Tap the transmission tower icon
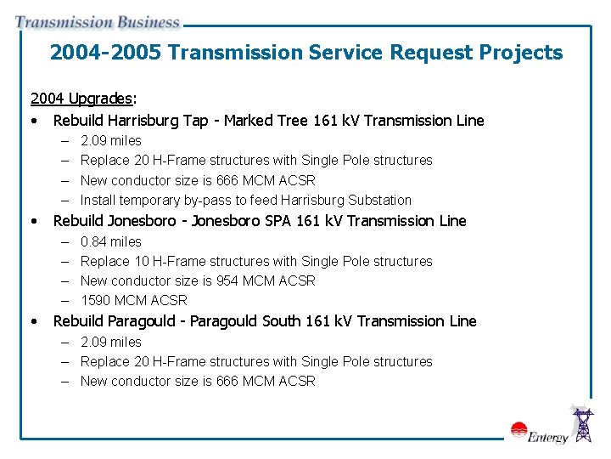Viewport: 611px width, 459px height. click(583, 424)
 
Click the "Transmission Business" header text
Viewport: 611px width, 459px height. click(97, 23)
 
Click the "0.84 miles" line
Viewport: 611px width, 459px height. click(111, 241)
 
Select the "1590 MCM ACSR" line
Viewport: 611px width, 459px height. click(134, 300)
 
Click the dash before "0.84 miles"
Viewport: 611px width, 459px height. click(65, 241)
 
